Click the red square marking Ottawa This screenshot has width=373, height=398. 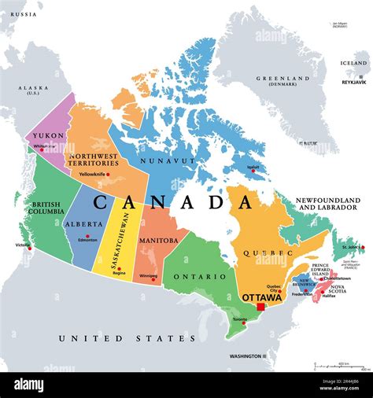[261, 307]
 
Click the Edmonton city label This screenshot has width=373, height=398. [88, 239]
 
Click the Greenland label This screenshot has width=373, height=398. [286, 78]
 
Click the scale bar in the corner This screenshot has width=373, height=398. [338, 366]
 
